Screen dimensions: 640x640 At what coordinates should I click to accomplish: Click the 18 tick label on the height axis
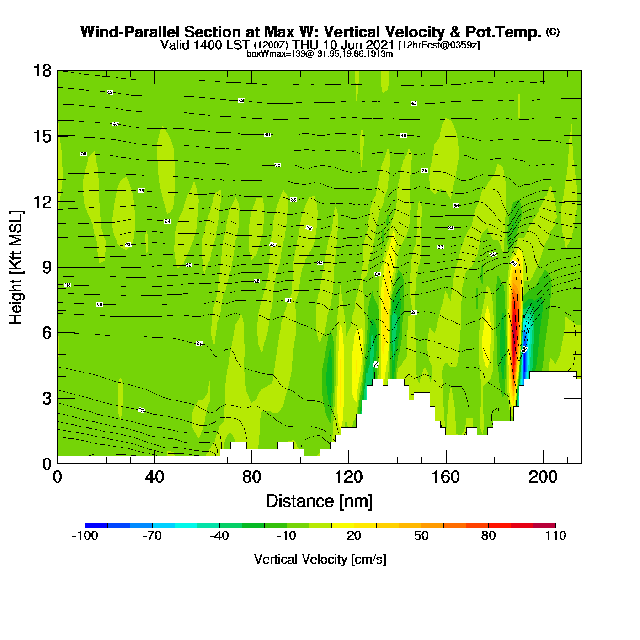coord(42,71)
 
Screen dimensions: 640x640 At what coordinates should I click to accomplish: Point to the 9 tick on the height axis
coord(58,267)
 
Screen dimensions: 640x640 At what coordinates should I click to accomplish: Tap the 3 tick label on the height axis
coord(47,399)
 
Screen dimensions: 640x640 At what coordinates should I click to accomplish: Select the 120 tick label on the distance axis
coord(348,477)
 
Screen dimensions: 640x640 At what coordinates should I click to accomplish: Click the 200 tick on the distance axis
coord(543,463)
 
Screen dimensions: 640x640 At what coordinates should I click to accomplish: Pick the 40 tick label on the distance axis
coord(155,477)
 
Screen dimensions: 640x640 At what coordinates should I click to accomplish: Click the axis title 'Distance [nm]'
coord(320,501)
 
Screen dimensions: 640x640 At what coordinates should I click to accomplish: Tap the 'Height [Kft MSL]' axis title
coord(16,267)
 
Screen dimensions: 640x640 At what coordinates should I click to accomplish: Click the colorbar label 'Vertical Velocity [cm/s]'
coord(320,559)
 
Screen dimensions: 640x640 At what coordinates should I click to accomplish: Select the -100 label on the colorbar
coord(85,536)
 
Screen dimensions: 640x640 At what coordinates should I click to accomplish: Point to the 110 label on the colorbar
coord(555,536)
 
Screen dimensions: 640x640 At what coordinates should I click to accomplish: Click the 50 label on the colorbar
coord(421,536)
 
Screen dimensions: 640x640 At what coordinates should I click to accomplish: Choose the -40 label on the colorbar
coord(219,536)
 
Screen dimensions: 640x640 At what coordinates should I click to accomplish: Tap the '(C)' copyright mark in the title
coord(553,32)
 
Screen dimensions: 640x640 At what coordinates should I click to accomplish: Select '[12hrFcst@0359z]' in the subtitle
coord(439,45)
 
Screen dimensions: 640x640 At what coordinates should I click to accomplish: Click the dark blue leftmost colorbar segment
coord(96,525)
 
